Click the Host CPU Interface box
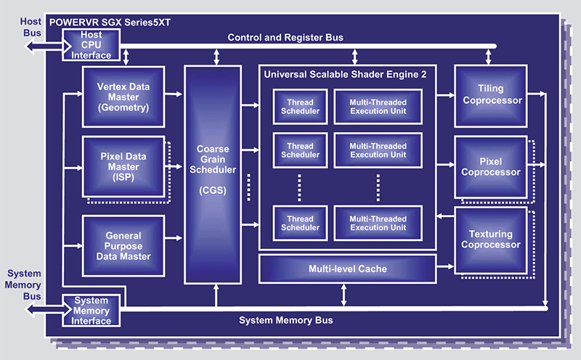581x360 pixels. [92, 45]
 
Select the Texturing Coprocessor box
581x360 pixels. [491, 240]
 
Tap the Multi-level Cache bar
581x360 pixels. [346, 269]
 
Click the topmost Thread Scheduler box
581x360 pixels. [300, 107]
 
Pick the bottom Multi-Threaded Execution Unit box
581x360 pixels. [378, 222]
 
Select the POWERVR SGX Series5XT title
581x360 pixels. [108, 22]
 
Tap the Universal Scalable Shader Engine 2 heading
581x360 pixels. [346, 73]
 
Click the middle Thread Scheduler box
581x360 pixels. [300, 150]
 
